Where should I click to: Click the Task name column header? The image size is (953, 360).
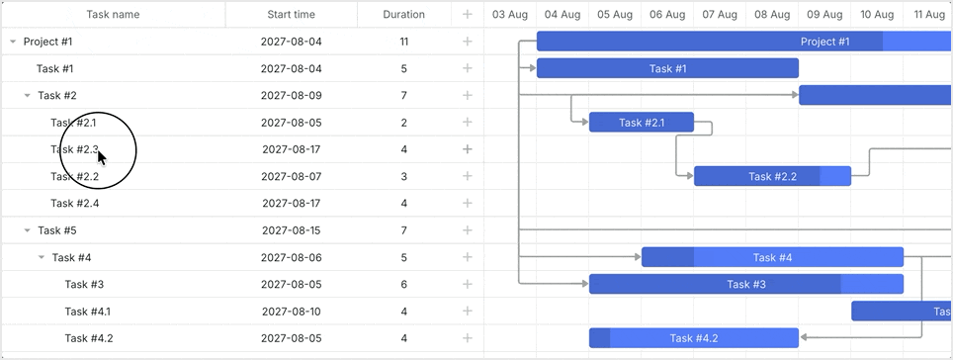[x=113, y=15]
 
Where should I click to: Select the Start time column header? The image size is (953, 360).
[x=291, y=15]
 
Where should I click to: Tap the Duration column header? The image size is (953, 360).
[x=403, y=15]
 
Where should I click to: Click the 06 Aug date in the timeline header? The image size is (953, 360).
[x=667, y=15]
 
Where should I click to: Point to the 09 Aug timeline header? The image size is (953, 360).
[x=824, y=15]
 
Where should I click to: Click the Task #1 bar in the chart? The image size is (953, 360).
[x=667, y=68]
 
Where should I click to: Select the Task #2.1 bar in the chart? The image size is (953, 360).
[x=642, y=123]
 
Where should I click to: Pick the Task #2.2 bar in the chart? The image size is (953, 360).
[x=772, y=176]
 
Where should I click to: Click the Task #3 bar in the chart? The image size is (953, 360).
[x=746, y=284]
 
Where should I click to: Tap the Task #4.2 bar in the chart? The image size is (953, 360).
[x=693, y=338]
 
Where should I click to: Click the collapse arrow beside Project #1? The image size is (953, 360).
[x=13, y=42]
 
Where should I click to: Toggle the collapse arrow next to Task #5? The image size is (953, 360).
[x=27, y=230]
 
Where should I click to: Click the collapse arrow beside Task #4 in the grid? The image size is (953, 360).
[x=42, y=257]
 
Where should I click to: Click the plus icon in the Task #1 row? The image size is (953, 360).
[x=468, y=68]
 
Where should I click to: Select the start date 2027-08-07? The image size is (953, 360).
[x=291, y=176]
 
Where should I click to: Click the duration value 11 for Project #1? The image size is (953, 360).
[x=403, y=42]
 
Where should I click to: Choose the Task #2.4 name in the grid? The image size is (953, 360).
[x=75, y=203]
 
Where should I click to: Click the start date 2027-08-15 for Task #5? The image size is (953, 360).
[x=291, y=230]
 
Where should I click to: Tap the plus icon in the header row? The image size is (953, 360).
[x=468, y=15]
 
